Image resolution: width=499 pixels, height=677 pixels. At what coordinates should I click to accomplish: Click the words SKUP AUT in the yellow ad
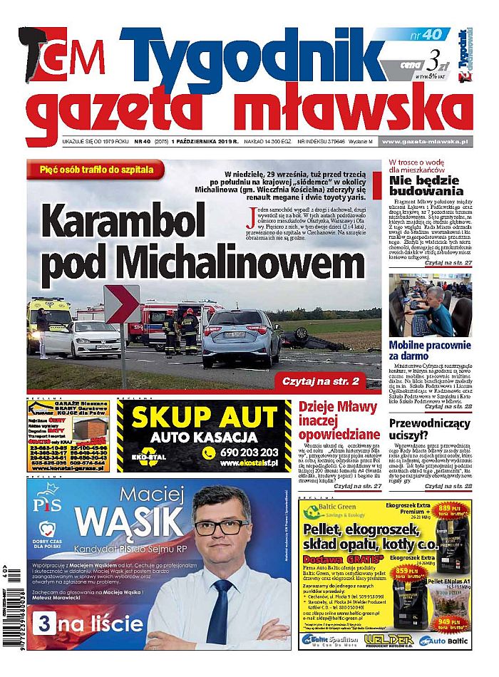coord(205,416)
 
